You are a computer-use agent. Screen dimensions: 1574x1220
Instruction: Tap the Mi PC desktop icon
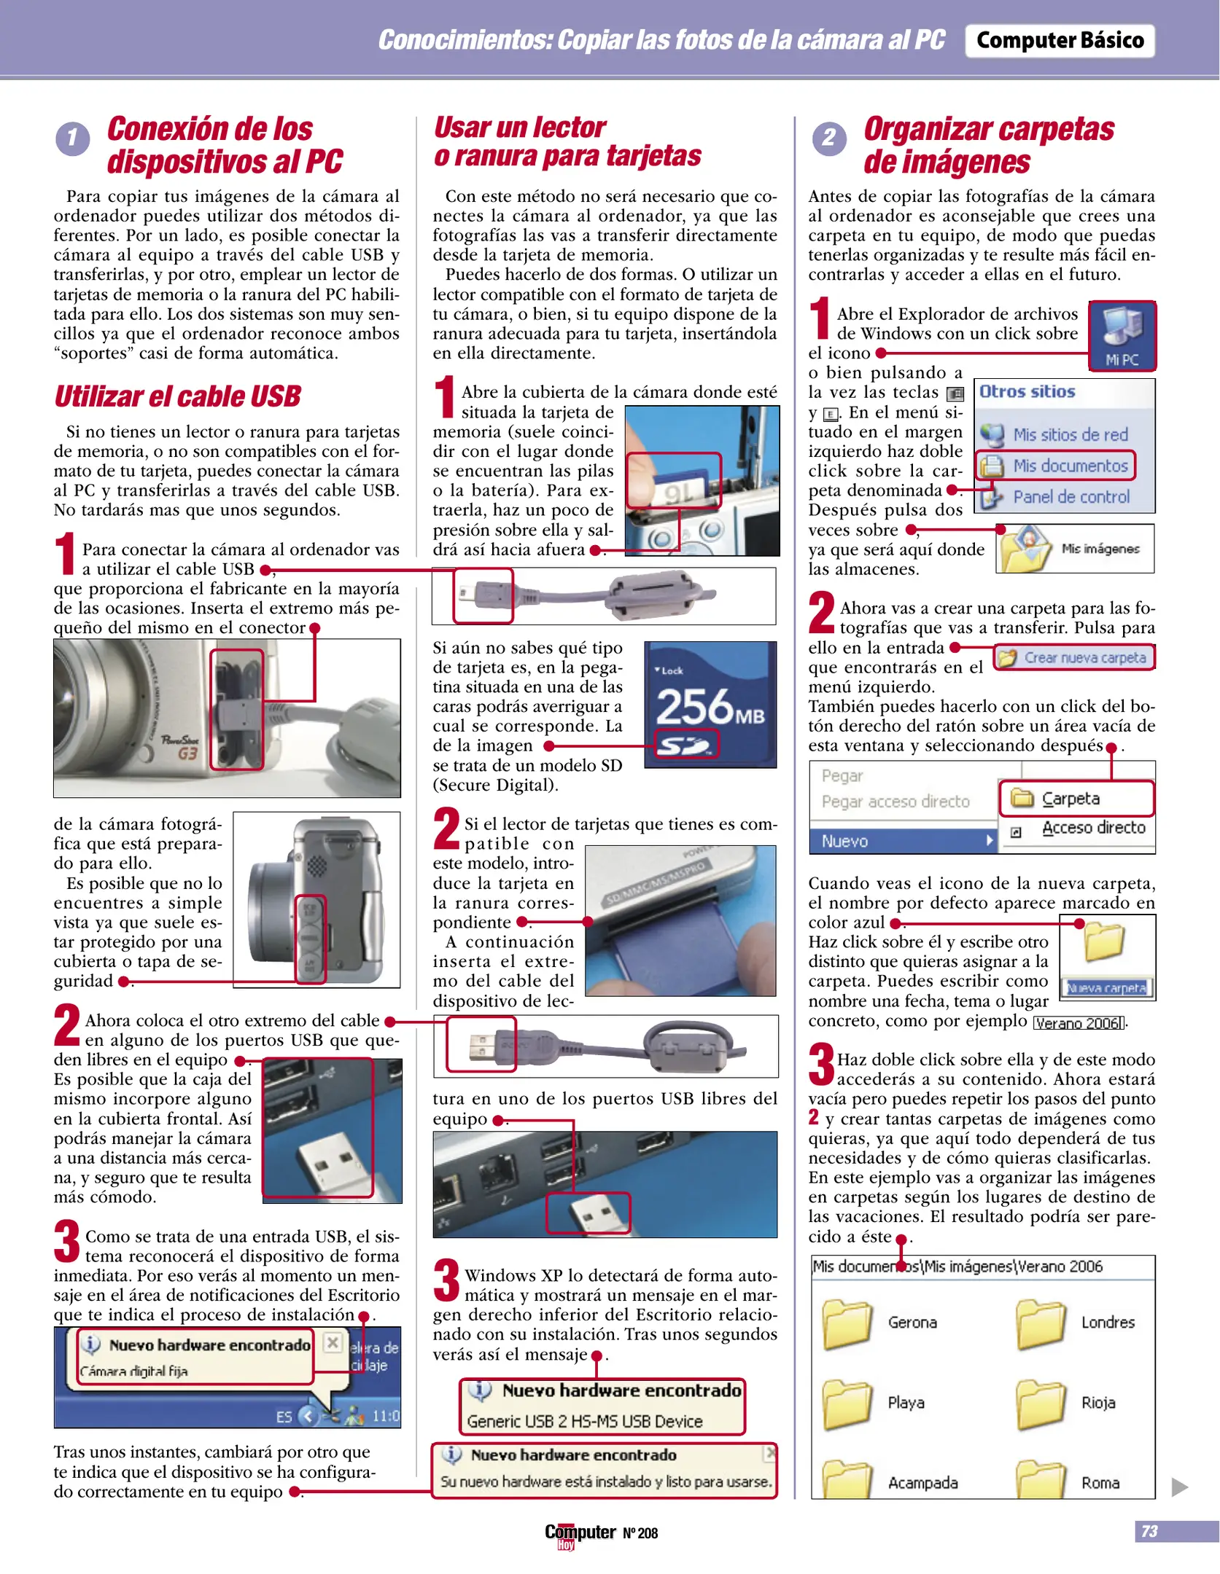tap(1121, 334)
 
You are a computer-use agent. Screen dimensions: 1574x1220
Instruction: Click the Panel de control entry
tap(1070, 497)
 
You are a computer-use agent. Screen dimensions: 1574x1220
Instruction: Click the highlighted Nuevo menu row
tap(902, 841)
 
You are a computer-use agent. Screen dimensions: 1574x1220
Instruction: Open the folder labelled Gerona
tap(847, 1322)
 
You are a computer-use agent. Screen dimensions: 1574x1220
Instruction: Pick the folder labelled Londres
tap(1041, 1322)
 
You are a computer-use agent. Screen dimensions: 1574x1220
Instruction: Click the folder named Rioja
tap(1041, 1402)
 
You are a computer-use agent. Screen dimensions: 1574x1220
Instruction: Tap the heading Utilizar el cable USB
tap(177, 396)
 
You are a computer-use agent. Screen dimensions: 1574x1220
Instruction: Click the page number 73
tap(1149, 1531)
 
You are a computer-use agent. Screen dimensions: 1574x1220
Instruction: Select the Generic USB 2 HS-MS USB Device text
tap(584, 1421)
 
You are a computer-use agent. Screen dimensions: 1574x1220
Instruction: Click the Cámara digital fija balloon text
tap(134, 1371)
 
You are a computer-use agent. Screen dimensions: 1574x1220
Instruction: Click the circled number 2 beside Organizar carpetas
tap(828, 138)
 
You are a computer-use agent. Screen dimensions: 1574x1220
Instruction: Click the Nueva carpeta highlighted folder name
tap(1106, 988)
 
